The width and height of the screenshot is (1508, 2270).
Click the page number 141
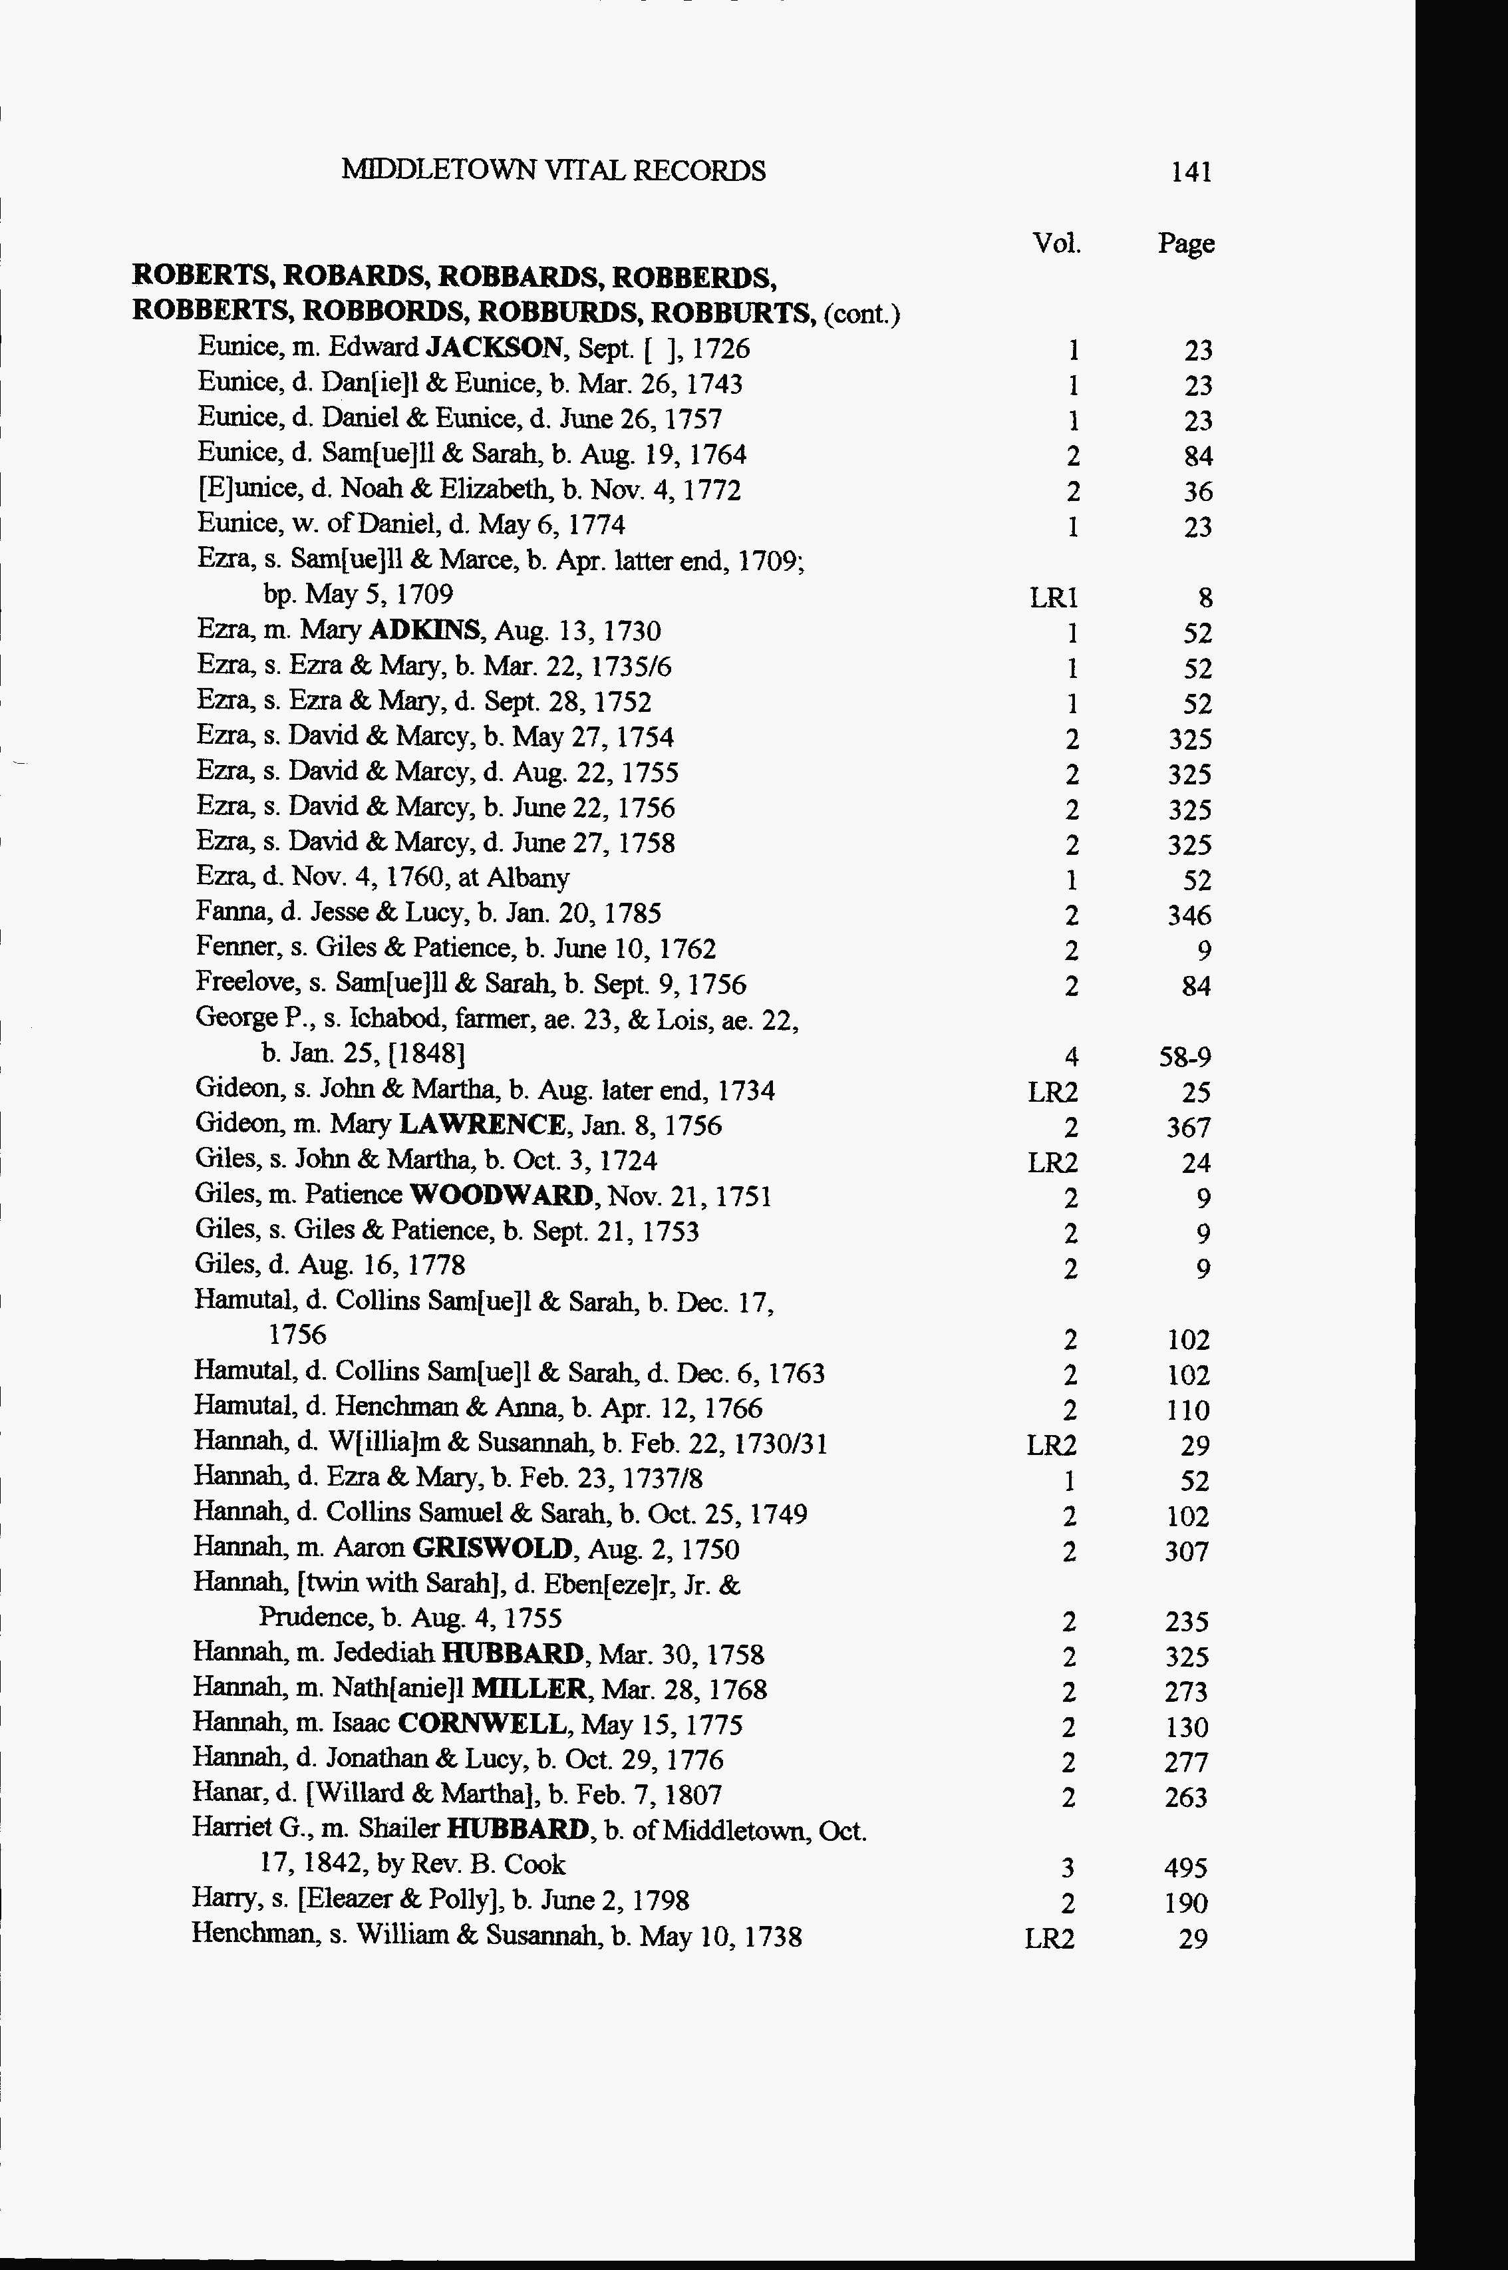click(x=1191, y=172)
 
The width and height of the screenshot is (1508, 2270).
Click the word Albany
click(x=528, y=878)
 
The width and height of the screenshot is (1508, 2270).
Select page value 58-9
click(x=1185, y=1058)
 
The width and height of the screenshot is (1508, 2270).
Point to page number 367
click(x=1189, y=1127)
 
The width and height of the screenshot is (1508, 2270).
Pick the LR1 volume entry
click(x=1053, y=598)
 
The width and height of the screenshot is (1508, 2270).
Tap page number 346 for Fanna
click(x=1189, y=915)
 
